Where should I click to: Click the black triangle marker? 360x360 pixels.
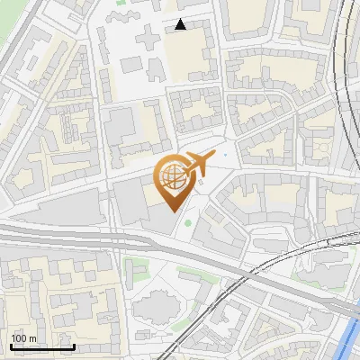click(181, 25)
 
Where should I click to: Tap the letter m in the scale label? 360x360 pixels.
click(33, 338)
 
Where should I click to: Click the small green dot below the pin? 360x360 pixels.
click(188, 223)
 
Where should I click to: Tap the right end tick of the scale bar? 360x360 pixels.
click(74, 346)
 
